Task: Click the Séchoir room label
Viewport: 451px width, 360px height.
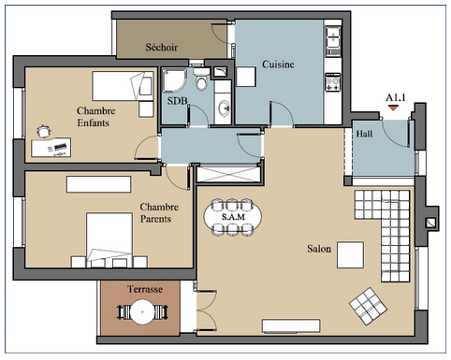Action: pyautogui.click(x=162, y=48)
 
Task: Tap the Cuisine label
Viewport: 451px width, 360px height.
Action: pyautogui.click(x=278, y=65)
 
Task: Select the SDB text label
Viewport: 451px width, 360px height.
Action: pyautogui.click(x=177, y=101)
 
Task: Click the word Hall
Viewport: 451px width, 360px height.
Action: pyautogui.click(x=364, y=134)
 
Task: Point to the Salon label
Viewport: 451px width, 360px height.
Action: pyautogui.click(x=319, y=249)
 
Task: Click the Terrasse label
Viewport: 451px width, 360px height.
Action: pyautogui.click(x=145, y=289)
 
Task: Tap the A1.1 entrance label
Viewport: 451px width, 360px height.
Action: pyautogui.click(x=396, y=98)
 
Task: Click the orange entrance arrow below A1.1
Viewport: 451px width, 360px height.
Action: pyautogui.click(x=393, y=108)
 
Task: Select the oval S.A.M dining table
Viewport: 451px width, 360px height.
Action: pyautogui.click(x=233, y=217)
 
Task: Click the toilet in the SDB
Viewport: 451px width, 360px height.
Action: pyautogui.click(x=201, y=79)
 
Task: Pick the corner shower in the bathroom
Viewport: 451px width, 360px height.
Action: pyautogui.click(x=174, y=80)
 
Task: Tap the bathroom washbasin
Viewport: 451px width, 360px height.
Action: pyautogui.click(x=224, y=108)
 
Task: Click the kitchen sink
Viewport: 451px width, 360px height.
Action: pyautogui.click(x=333, y=37)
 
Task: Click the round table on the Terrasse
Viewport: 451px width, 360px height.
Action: pyautogui.click(x=142, y=311)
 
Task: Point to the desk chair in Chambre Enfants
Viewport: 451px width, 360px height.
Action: pyautogui.click(x=43, y=131)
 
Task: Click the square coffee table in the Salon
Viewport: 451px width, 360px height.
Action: pyautogui.click(x=350, y=255)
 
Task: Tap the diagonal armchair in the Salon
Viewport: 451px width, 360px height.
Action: pyautogui.click(x=368, y=306)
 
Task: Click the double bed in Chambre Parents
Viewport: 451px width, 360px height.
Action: pyautogui.click(x=109, y=240)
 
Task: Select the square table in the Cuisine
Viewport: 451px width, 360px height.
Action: pyautogui.click(x=246, y=77)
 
